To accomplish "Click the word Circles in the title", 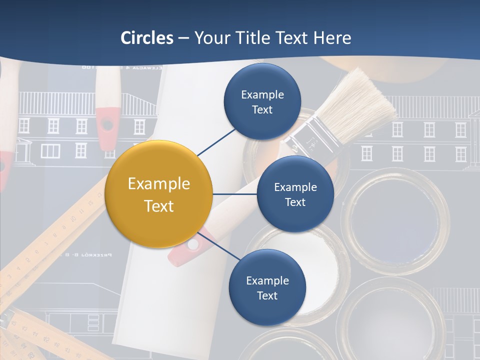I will pyautogui.click(x=147, y=38).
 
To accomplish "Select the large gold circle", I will pyautogui.click(x=159, y=194).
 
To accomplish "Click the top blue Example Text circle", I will pyautogui.click(x=262, y=102).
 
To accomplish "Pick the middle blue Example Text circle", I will pyautogui.click(x=295, y=194).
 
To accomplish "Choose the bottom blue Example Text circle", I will pyautogui.click(x=267, y=287).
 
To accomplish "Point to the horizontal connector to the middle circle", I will pyautogui.click(x=235, y=194).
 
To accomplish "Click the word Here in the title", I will pyautogui.click(x=332, y=38).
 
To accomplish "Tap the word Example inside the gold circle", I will pyautogui.click(x=159, y=184).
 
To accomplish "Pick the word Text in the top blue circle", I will pyautogui.click(x=262, y=109).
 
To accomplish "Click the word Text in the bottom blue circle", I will pyautogui.click(x=267, y=295).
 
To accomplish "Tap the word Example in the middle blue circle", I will pyautogui.click(x=295, y=187).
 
